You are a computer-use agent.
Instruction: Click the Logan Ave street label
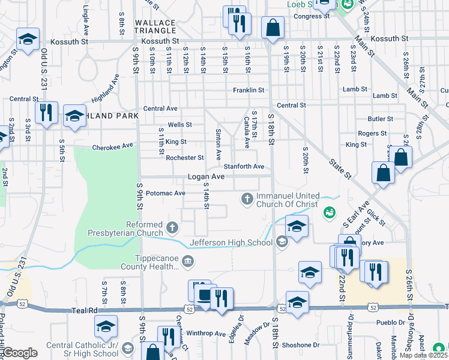point(206,177)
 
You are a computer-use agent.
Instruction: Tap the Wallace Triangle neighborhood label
point(155,27)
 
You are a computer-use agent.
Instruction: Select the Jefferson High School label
point(232,242)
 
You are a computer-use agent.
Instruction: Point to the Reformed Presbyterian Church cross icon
point(173,227)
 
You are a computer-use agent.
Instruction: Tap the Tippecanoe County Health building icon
point(188,260)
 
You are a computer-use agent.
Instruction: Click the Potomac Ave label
point(166,193)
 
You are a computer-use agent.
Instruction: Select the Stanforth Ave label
point(244,166)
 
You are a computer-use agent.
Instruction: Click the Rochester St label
point(185,158)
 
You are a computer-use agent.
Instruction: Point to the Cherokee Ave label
point(112,146)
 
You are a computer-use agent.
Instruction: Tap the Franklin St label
point(249,91)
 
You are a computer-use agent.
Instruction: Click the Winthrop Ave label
point(206,334)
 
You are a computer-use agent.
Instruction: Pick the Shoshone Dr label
point(306,345)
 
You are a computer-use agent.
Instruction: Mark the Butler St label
point(381,119)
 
